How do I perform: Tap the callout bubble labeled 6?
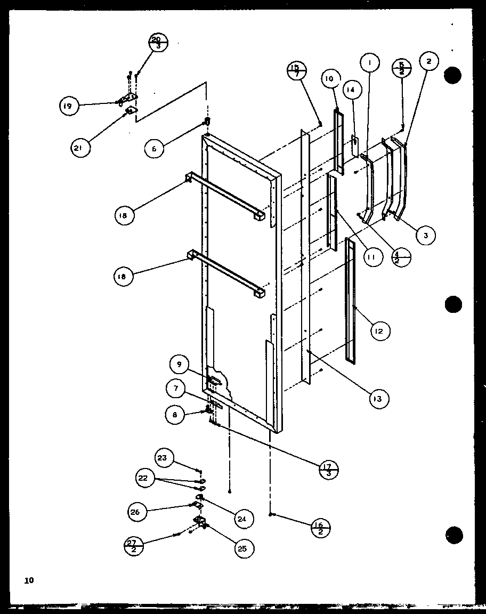tap(155, 149)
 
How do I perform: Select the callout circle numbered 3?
tap(426, 235)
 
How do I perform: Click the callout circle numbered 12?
tap(379, 331)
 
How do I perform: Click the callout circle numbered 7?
tap(175, 389)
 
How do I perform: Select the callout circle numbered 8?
tap(175, 414)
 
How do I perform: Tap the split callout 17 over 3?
tap(328, 470)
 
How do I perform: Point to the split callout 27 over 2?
tap(133, 546)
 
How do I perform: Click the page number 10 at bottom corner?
tap(28, 580)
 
